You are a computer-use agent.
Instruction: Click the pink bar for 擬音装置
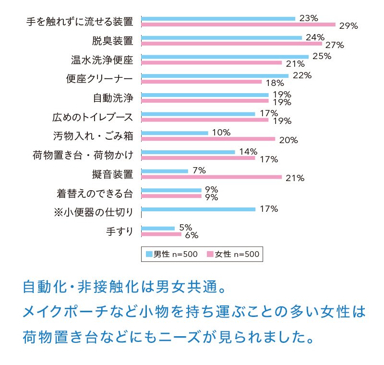click(211, 177)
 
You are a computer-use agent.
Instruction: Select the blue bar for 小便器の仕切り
click(198, 209)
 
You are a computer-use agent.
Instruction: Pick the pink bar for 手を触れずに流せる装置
click(238, 24)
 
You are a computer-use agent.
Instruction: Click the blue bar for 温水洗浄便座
click(225, 57)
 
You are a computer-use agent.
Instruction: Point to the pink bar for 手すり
click(161, 234)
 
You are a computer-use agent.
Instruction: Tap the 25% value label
click(322, 56)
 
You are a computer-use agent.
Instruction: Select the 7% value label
click(199, 170)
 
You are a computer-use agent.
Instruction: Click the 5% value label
click(185, 227)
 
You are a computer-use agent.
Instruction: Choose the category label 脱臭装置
click(113, 41)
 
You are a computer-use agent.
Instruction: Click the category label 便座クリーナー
click(99, 79)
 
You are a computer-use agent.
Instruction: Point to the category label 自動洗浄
click(113, 98)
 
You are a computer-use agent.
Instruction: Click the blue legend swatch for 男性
click(149, 254)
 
